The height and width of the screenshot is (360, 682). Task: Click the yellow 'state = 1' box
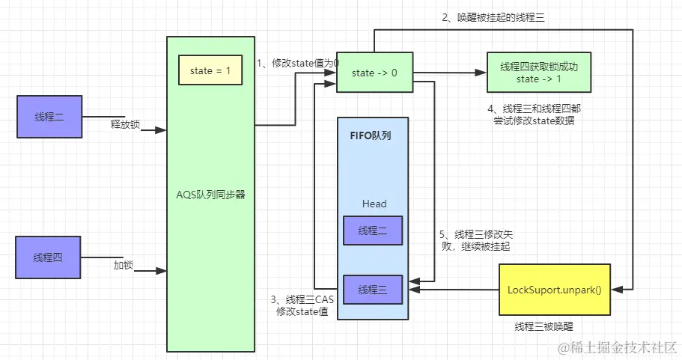210,70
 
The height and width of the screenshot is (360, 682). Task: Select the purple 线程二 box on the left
49,117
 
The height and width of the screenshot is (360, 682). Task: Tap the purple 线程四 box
48,257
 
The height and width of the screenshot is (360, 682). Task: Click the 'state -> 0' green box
374,72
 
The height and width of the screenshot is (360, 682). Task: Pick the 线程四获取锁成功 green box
539,73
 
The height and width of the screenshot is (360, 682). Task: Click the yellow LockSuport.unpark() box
555,290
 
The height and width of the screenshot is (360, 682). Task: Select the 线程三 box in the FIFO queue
373,290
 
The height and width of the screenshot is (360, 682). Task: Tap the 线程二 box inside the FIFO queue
373,231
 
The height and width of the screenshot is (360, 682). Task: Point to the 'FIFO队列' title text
371,135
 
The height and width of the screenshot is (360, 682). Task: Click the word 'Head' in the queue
374,204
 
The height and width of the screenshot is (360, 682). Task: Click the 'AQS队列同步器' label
210,195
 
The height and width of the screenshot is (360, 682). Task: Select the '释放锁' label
125,124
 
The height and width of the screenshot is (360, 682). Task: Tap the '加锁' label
124,265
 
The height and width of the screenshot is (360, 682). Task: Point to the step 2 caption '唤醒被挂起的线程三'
493,17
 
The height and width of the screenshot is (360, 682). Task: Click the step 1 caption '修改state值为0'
298,64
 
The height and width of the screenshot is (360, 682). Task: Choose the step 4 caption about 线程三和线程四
534,115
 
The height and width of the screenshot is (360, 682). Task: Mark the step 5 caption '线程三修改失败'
476,240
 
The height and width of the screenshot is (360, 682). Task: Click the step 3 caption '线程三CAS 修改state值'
302,305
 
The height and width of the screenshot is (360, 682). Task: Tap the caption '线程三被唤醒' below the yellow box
544,326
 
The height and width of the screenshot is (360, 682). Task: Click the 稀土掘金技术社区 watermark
618,348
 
